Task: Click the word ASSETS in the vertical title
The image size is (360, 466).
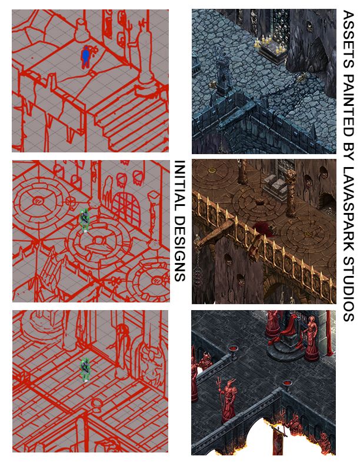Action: (x=348, y=39)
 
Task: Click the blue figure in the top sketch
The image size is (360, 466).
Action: (x=85, y=57)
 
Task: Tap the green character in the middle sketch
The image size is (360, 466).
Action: (x=84, y=220)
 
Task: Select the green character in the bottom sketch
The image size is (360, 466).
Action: (x=85, y=370)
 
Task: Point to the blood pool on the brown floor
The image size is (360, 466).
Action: (x=262, y=229)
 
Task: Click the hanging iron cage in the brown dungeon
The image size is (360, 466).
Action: (x=197, y=276)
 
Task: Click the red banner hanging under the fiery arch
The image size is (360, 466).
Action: (x=278, y=442)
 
